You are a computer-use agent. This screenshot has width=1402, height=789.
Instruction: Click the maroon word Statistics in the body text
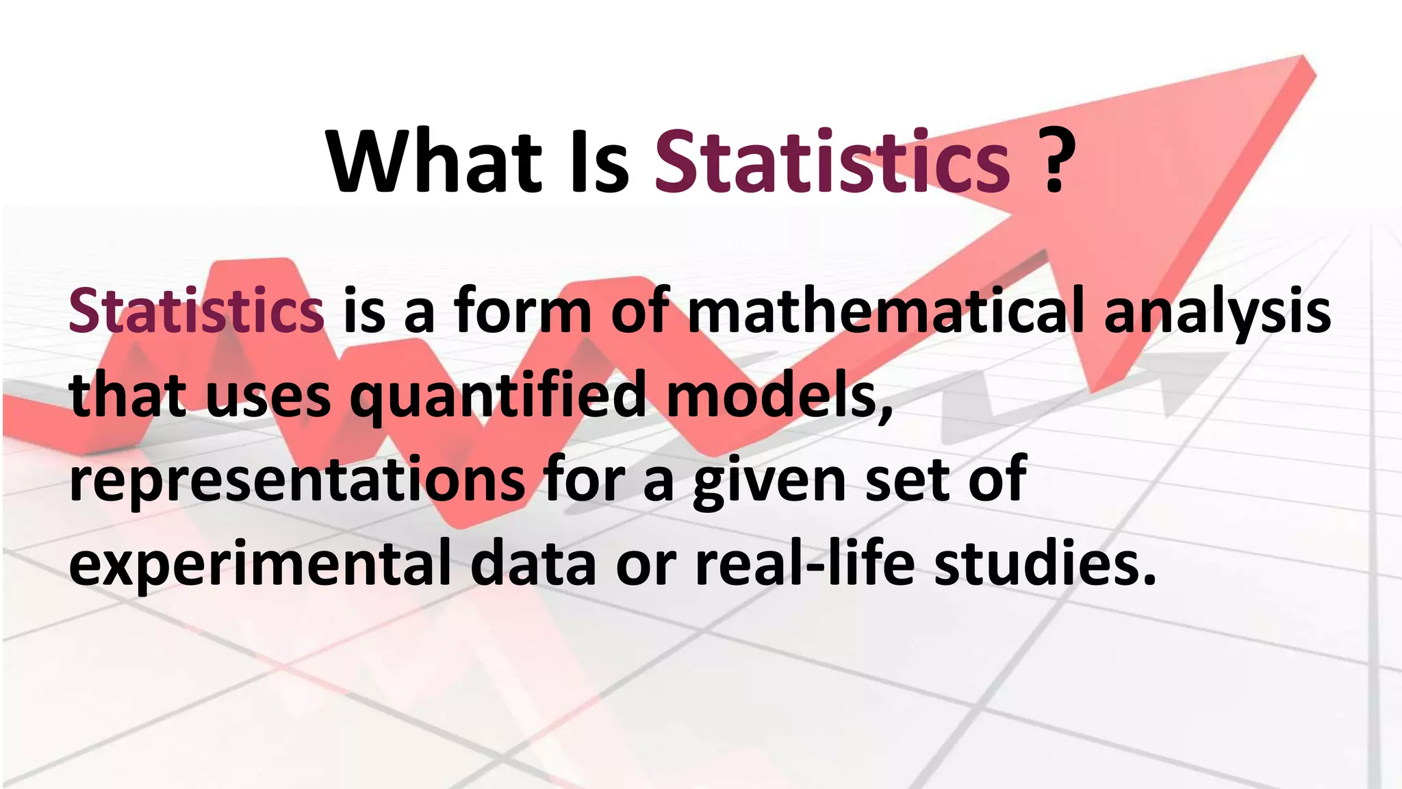click(x=196, y=311)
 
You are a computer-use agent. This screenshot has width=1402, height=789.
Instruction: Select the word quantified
click(x=498, y=397)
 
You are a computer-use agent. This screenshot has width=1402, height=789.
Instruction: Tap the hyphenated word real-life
click(x=804, y=563)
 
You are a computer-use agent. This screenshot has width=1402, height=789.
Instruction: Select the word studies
click(x=1045, y=563)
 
